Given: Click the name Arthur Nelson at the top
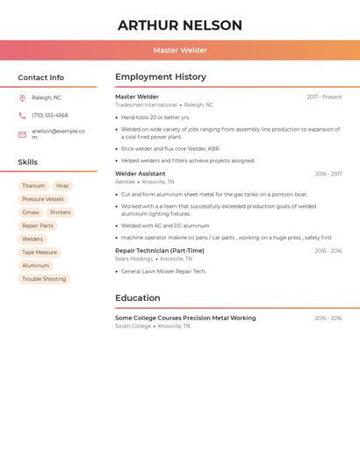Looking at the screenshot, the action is pyautogui.click(x=180, y=25).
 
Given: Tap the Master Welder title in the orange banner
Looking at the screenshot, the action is pyautogui.click(x=180, y=51).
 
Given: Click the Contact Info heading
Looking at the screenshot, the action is pyautogui.click(x=41, y=77).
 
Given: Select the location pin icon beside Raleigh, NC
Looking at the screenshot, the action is pyautogui.click(x=22, y=98).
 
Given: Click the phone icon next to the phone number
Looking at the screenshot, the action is pyautogui.click(x=22, y=116).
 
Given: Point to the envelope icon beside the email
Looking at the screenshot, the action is pyautogui.click(x=22, y=134).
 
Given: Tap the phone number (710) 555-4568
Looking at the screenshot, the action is pyautogui.click(x=50, y=116).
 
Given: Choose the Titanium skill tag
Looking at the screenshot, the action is pyautogui.click(x=33, y=186).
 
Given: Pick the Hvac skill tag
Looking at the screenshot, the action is pyautogui.click(x=62, y=186).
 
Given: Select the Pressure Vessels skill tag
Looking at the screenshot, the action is pyautogui.click(x=43, y=199).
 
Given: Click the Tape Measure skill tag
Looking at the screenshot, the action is pyautogui.click(x=40, y=253).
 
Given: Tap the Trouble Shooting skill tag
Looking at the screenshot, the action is pyautogui.click(x=44, y=279).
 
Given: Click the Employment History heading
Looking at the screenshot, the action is pyautogui.click(x=161, y=77).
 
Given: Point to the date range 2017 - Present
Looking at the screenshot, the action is pyautogui.click(x=324, y=97).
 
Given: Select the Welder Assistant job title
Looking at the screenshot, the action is pyautogui.click(x=140, y=174).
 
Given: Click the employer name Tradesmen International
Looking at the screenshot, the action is pyautogui.click(x=146, y=105).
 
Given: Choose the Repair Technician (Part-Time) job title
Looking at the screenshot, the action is pyautogui.click(x=160, y=251).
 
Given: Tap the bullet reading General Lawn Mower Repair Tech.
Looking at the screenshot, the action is pyautogui.click(x=163, y=272).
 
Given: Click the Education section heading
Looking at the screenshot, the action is pyautogui.click(x=138, y=298).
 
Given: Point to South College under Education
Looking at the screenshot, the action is pyautogui.click(x=133, y=326).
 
